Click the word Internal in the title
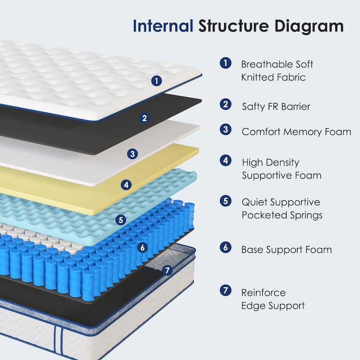(163, 26)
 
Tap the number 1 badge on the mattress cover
(156, 81)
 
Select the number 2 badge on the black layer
(144, 118)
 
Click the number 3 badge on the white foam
(132, 154)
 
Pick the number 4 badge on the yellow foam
(126, 184)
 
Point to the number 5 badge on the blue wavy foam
(120, 220)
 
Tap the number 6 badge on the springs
(143, 247)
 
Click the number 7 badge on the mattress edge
(167, 270)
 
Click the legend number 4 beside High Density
(225, 160)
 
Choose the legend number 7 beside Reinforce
(225, 290)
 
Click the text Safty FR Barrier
(276, 107)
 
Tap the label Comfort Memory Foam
(296, 132)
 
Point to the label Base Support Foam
(287, 249)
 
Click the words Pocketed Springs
(282, 215)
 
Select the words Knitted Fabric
(273, 77)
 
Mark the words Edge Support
(273, 306)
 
